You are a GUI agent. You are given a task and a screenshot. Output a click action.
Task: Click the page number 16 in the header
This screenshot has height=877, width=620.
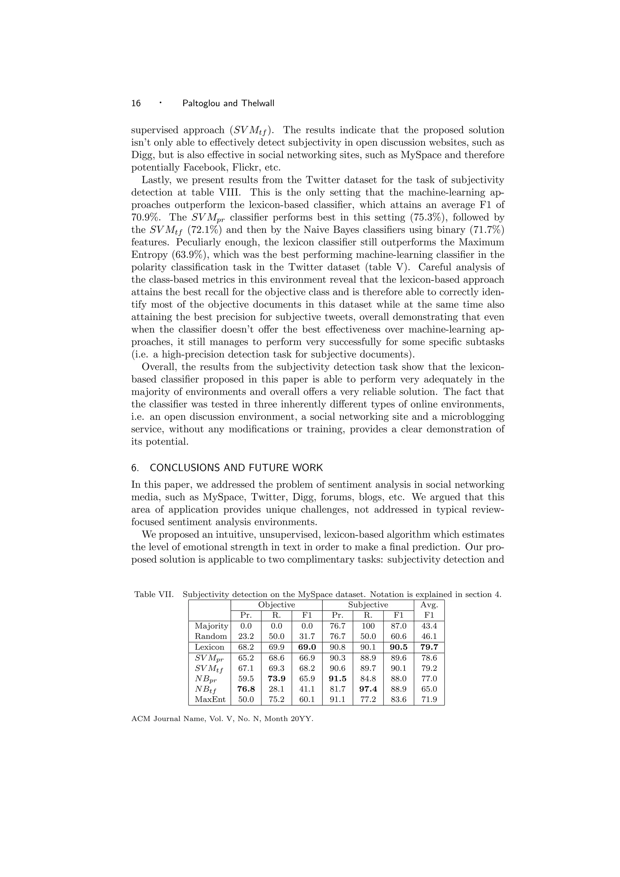(x=136, y=103)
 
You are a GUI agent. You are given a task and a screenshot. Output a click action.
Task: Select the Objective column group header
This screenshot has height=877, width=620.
(x=276, y=605)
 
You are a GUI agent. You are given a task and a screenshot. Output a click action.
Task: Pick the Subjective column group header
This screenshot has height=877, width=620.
(x=368, y=605)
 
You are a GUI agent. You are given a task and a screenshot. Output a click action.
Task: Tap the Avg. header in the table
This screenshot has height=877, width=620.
(x=429, y=605)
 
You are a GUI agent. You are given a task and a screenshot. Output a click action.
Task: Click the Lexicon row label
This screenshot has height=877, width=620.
(x=209, y=647)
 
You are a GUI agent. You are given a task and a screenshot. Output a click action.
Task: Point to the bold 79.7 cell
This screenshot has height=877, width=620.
(x=429, y=647)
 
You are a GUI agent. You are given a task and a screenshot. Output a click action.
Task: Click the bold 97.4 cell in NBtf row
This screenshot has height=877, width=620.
(x=368, y=689)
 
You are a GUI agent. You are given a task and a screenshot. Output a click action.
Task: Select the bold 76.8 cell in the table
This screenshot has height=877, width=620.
(x=246, y=689)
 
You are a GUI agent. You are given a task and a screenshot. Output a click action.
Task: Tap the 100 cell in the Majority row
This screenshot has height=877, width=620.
(x=368, y=626)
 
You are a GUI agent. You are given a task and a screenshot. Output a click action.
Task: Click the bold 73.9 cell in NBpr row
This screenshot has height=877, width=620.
(x=276, y=679)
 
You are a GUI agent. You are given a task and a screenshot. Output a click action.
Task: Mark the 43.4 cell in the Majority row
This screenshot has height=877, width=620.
(x=429, y=626)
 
